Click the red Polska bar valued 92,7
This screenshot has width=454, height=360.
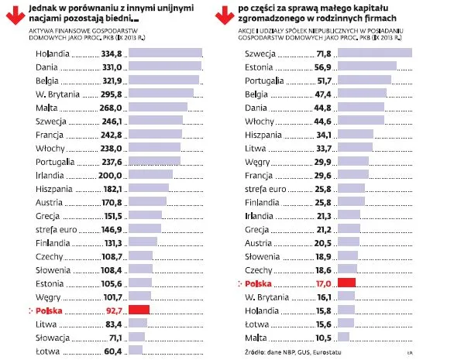pyautogui.click(x=138, y=310)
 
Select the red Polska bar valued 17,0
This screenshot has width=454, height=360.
pyautogui.click(x=346, y=283)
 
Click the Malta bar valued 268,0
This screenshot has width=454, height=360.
pyautogui.click(x=157, y=108)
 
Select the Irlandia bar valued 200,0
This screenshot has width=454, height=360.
pyautogui.click(x=150, y=175)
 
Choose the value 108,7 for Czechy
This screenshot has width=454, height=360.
pyautogui.click(x=111, y=255)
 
